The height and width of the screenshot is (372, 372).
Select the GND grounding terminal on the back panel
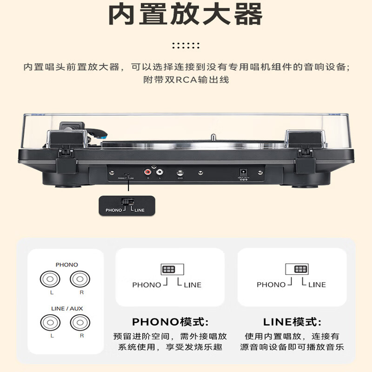pyautogui.click(x=180, y=173)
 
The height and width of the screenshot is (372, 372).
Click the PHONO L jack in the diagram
pyautogui.click(x=50, y=279)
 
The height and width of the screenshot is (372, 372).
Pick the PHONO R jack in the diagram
pyautogui.click(x=80, y=279)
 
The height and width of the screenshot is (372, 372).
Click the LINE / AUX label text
pyautogui.click(x=66, y=308)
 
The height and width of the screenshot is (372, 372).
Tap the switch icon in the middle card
pyautogui.click(x=168, y=269)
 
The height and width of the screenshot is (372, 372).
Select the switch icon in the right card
pyautogui.click(x=301, y=269)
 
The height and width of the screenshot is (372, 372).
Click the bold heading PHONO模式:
pyautogui.click(x=170, y=322)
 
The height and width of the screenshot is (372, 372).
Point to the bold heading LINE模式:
pyautogui.click(x=292, y=322)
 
